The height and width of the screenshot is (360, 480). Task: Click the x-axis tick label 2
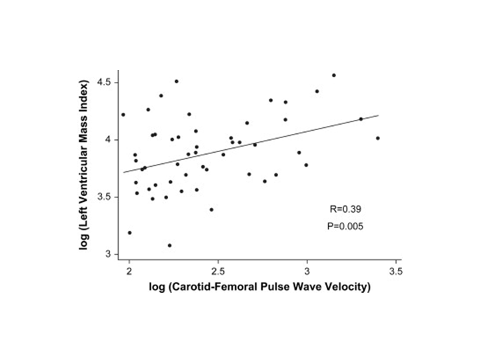click(129, 272)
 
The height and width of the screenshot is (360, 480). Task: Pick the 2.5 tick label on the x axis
click(217, 272)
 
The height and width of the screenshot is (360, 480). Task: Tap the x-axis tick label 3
click(307, 272)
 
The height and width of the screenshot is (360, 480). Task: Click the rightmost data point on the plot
click(378, 138)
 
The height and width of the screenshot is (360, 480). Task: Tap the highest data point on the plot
click(334, 75)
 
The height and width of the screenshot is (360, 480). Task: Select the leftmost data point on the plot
click(123, 115)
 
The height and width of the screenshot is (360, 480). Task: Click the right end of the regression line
click(379, 115)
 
